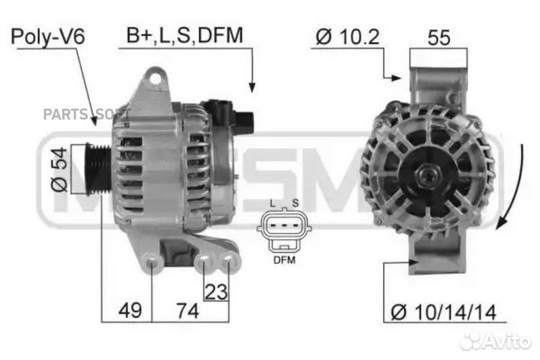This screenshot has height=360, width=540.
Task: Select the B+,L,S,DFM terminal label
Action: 184,35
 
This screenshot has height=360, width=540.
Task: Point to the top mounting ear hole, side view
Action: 155,76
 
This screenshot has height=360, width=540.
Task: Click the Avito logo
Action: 494,340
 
